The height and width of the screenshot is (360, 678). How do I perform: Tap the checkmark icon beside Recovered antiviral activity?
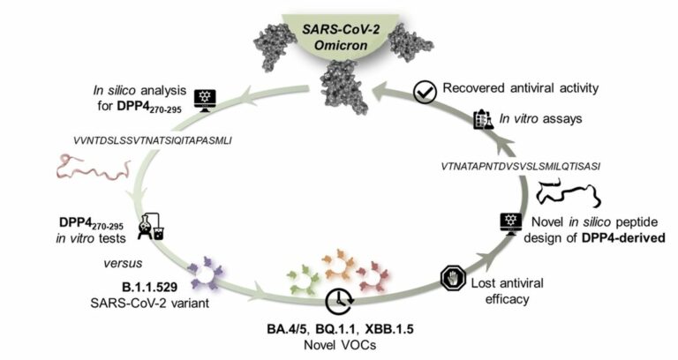pyautogui.click(x=424, y=91)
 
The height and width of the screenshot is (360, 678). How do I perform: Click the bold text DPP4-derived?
pyautogui.click(x=613, y=237)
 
